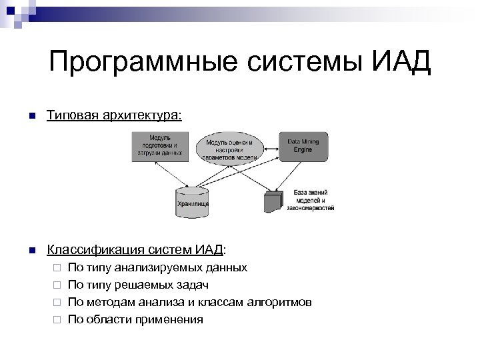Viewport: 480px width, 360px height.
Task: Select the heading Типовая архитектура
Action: (113, 116)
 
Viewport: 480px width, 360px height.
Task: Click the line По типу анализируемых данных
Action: (157, 267)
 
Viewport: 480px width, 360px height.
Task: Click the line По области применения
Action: (135, 319)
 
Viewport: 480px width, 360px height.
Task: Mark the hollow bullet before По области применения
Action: (57, 319)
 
